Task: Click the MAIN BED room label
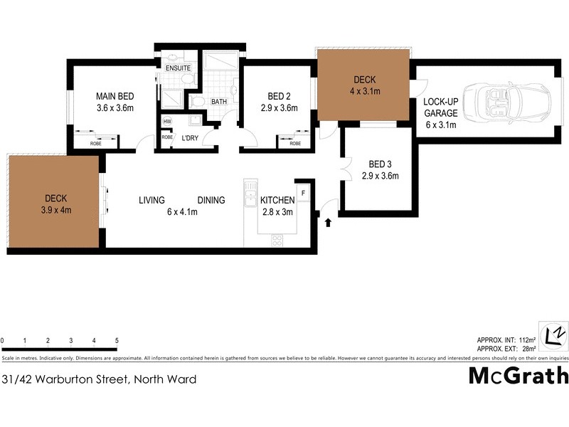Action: coord(115,96)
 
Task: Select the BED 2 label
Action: coord(279,96)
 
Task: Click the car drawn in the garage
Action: coord(506,104)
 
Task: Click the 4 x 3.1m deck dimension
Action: coord(365,91)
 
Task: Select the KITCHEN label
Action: coord(277,200)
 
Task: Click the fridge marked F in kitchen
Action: coord(303,192)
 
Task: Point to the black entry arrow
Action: coord(328,223)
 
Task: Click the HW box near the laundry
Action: coord(167,121)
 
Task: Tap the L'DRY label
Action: coord(189,137)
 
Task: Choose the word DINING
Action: coord(211,200)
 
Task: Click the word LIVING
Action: coord(152,200)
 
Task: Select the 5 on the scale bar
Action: coord(116,341)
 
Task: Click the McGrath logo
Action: coord(519,376)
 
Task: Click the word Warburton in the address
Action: coord(65,379)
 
